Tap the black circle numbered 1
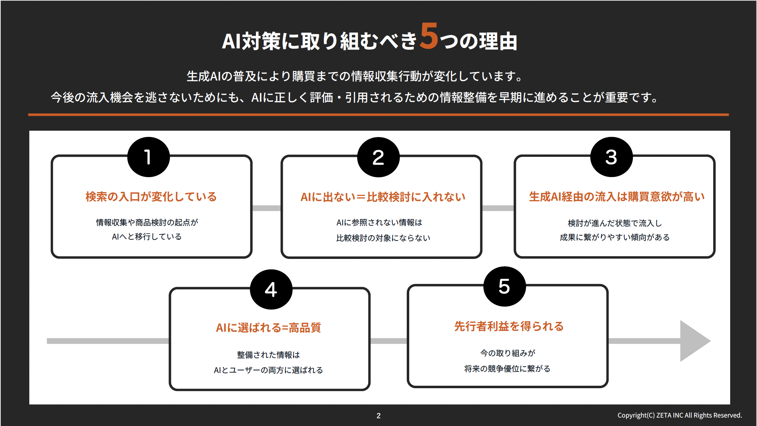[x=148, y=157]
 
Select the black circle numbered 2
[x=378, y=157]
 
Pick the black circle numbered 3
[x=611, y=157]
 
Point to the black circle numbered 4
[x=271, y=290]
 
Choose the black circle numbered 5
[x=504, y=286]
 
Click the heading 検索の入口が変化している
[x=151, y=197]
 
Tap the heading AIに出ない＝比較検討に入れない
[x=383, y=197]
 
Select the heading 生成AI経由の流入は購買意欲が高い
[x=616, y=197]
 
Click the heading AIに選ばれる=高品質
[x=268, y=328]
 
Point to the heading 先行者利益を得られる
[x=508, y=326]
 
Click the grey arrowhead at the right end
[x=693, y=341]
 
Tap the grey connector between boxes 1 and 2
[x=267, y=208]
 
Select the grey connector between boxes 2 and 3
[x=498, y=208]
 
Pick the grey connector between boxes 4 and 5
[x=388, y=341]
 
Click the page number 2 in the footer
[x=378, y=416]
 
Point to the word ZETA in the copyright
[x=664, y=415]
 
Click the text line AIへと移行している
[x=147, y=237]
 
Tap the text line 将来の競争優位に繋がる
[x=507, y=369]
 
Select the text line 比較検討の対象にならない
[x=383, y=238]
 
